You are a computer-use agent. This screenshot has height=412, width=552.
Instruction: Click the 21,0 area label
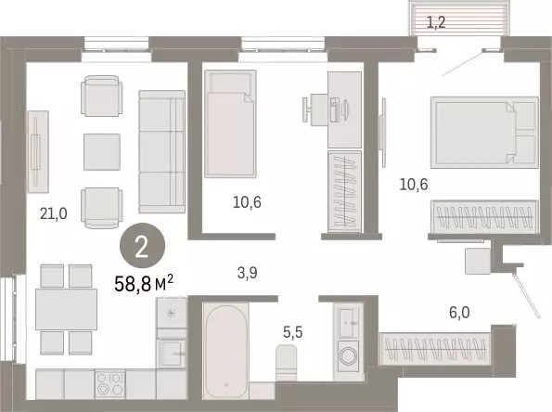(x=54, y=213)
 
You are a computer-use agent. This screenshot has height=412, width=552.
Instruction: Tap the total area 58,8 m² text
(x=144, y=283)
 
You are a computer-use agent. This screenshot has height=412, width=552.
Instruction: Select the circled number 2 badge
(x=142, y=246)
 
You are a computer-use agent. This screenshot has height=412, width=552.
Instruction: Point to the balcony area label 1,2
(x=436, y=22)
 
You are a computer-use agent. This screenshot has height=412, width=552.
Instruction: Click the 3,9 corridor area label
(x=247, y=273)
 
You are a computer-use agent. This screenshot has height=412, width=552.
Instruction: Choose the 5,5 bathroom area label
(x=293, y=331)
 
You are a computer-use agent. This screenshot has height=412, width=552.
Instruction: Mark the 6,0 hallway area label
(x=459, y=313)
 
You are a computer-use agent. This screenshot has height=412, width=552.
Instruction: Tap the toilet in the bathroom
(x=287, y=363)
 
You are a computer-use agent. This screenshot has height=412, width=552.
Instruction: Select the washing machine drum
(x=349, y=356)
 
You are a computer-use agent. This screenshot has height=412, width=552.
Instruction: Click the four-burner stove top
(x=110, y=384)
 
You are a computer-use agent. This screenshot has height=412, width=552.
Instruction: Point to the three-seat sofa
(x=162, y=152)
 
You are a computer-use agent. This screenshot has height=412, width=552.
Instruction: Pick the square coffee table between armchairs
(x=102, y=152)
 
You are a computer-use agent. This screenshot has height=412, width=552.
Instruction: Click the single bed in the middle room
(x=230, y=123)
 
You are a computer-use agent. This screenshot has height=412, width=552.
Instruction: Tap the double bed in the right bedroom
(x=485, y=133)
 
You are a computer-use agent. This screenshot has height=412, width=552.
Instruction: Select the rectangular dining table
(x=66, y=309)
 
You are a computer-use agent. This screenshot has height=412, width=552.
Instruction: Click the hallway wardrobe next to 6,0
(x=435, y=349)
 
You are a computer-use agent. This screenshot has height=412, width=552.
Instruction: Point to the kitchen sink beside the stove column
(x=171, y=354)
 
